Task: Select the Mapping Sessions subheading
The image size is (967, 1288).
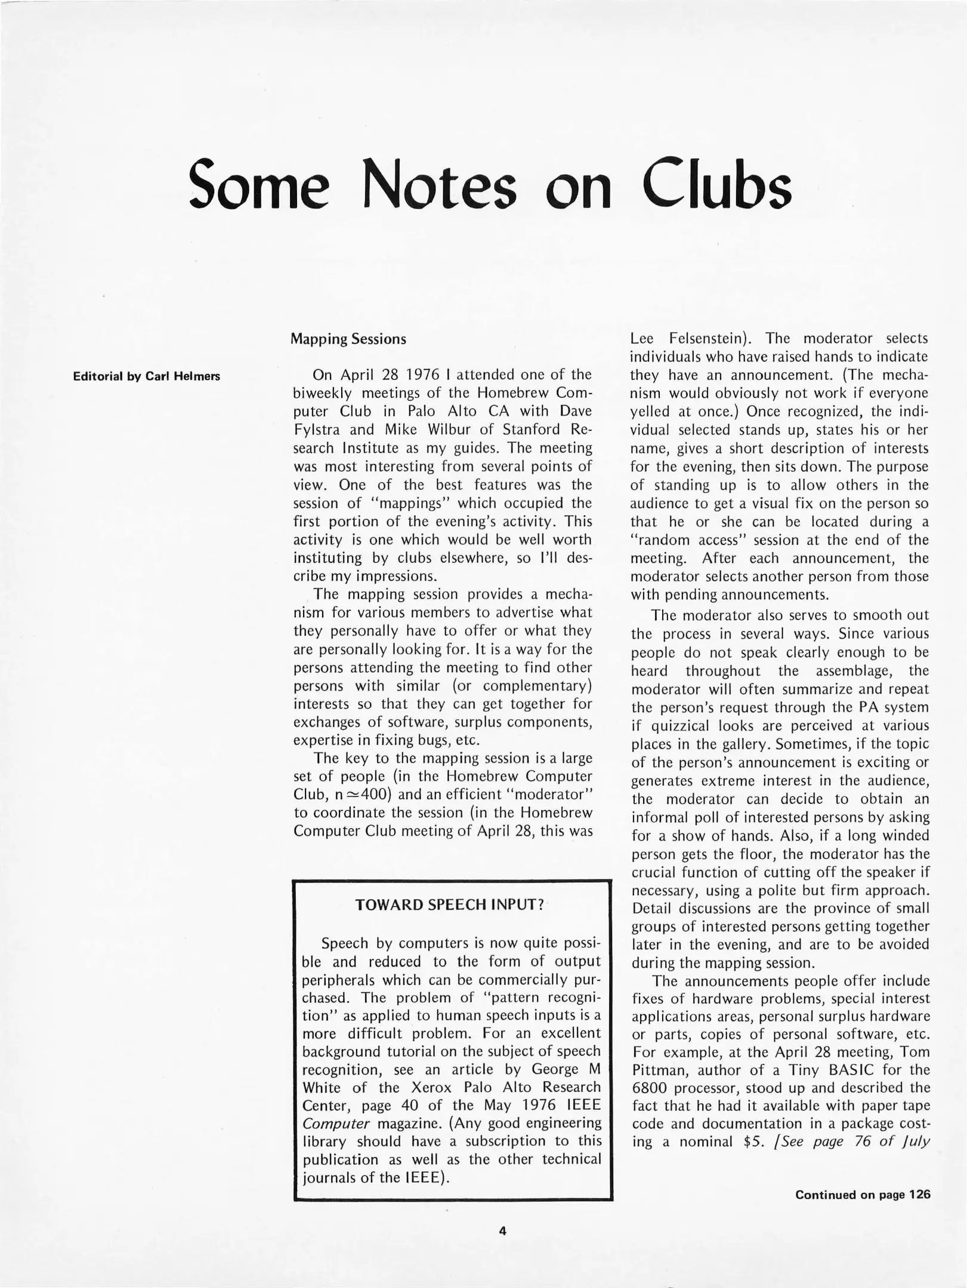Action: point(348,339)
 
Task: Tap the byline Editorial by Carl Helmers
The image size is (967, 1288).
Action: point(146,376)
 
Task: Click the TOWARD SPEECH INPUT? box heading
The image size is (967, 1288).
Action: point(450,905)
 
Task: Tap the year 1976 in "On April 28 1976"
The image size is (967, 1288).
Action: point(423,375)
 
